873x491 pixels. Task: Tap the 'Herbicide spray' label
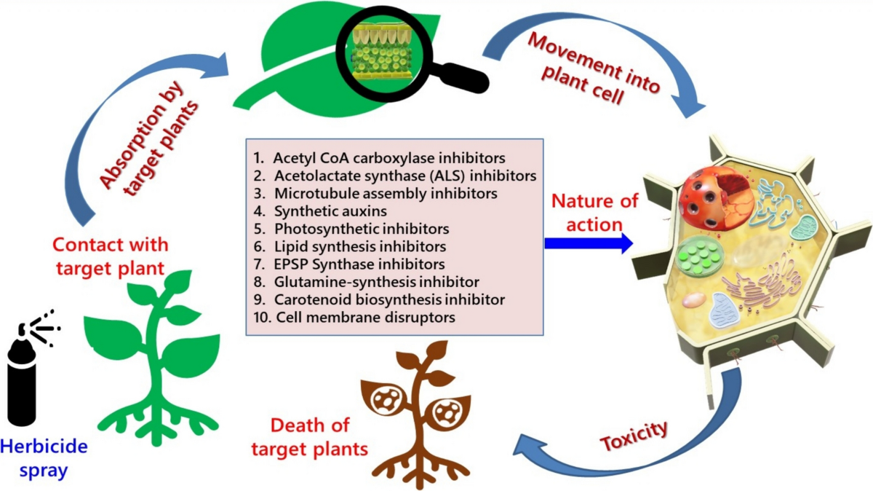44,457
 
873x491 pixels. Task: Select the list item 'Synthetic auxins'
330,211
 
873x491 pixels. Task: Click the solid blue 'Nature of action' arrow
589,243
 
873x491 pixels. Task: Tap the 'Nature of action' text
595,213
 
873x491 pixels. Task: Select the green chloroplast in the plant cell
700,256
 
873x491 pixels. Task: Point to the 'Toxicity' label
634,436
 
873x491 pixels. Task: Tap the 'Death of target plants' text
310,437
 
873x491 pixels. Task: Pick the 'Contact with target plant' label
111,256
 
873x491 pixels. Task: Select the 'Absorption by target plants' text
149,138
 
